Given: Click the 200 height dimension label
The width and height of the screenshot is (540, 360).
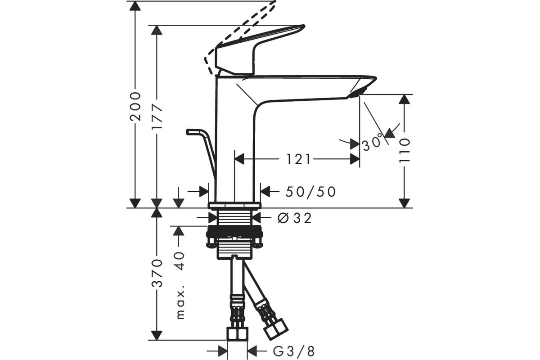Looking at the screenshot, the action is click(135, 106).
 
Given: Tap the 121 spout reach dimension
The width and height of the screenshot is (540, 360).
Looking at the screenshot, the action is click(298, 159).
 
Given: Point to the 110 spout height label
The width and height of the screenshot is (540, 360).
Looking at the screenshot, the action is click(404, 150).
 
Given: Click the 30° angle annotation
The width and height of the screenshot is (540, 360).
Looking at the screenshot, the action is click(373, 142).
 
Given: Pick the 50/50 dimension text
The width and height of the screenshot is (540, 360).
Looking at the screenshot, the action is click(310, 192).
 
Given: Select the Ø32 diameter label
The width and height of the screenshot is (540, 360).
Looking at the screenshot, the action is click(295, 218).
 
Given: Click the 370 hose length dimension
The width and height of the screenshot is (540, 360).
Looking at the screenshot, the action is click(157, 273).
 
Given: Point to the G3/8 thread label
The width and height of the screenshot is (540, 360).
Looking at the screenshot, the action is click(293, 351).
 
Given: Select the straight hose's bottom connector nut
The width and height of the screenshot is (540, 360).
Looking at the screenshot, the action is click(238, 333).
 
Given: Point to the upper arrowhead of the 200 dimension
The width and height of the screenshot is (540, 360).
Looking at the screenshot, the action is click(135, 6).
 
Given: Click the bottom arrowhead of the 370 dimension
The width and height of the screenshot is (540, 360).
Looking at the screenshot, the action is click(157, 335).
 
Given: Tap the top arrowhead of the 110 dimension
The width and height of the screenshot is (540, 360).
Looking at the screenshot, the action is click(404, 99).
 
